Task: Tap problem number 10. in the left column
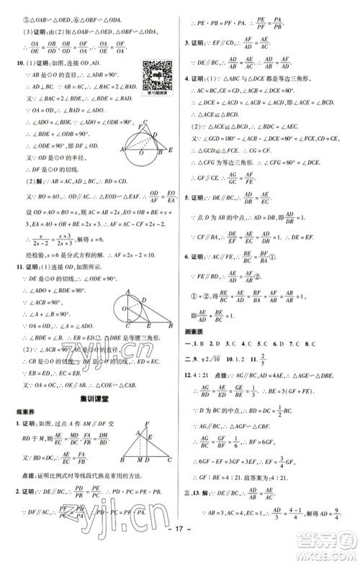tap(9, 64)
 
